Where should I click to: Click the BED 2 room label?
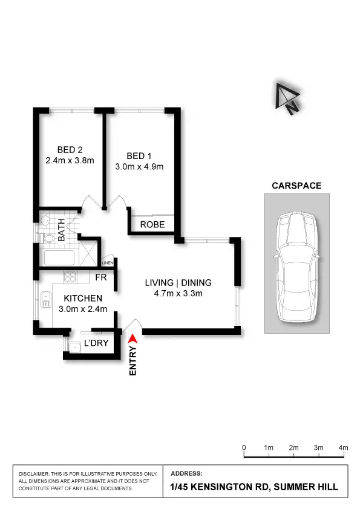(x=70, y=150)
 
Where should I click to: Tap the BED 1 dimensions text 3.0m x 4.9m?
(x=140, y=167)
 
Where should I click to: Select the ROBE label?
(x=152, y=225)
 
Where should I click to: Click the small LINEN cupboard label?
(x=108, y=263)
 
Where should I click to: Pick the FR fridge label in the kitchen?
(x=102, y=277)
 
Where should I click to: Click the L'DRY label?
(x=96, y=343)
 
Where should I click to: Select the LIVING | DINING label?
(x=178, y=283)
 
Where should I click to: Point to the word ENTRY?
(x=134, y=361)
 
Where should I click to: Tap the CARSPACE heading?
(x=296, y=186)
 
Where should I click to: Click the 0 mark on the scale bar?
(x=244, y=448)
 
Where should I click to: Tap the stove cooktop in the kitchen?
(x=70, y=278)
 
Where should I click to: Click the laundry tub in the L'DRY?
(x=75, y=348)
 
